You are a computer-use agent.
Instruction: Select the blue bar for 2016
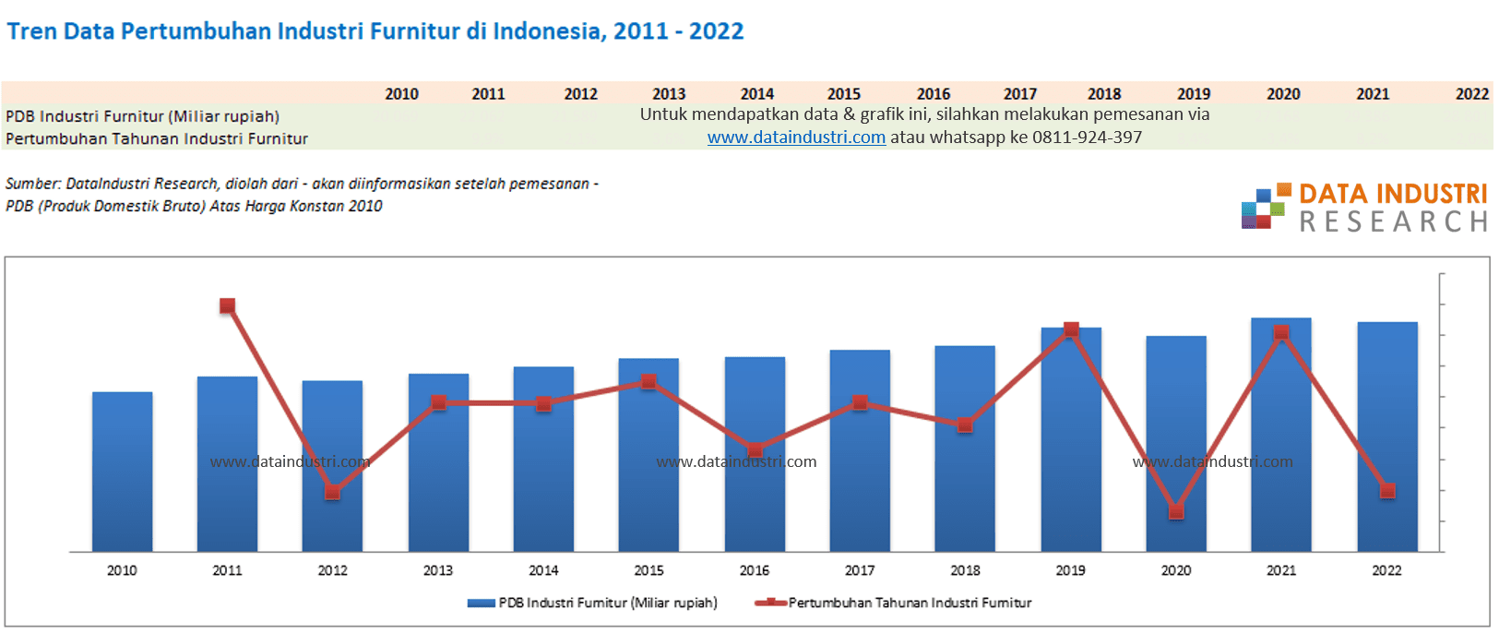click(755, 498)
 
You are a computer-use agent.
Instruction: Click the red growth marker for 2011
click(227, 305)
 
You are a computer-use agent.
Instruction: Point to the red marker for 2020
click(1176, 511)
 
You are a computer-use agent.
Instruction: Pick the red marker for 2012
click(333, 492)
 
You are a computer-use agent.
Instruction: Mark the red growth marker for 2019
click(1071, 329)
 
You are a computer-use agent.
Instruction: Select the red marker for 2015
click(648, 381)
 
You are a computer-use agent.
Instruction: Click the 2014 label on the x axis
click(543, 570)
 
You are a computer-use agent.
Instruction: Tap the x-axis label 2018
click(965, 570)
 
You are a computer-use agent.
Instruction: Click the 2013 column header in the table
click(669, 94)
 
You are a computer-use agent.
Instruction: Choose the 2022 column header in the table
click(1471, 94)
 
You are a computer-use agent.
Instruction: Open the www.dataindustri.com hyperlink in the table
click(796, 138)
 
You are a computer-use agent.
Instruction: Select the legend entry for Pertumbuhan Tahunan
click(909, 603)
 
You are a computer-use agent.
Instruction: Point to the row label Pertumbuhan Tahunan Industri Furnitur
click(157, 138)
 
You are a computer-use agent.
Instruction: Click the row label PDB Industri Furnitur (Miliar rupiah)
click(142, 116)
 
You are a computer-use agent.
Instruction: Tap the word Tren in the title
click(32, 31)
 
